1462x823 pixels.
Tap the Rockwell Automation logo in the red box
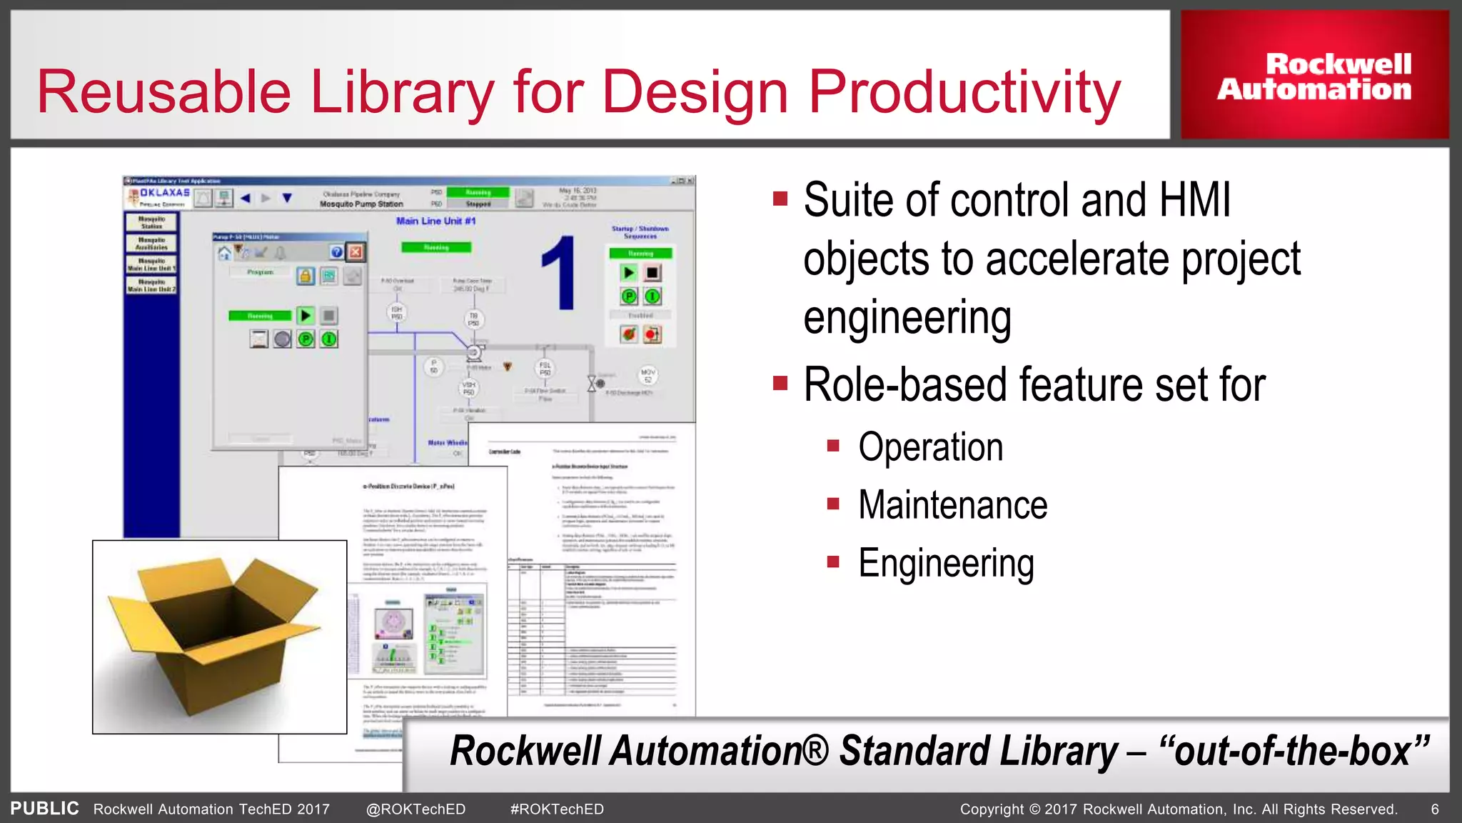[1314, 76]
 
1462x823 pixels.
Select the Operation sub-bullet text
[930, 447]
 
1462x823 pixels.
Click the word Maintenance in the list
[952, 505]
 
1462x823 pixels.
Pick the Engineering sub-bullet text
[946, 563]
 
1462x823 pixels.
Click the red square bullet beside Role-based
[780, 384]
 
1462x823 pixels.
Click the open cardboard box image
[219, 636]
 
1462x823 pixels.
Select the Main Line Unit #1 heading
[435, 221]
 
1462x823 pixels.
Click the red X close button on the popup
[355, 251]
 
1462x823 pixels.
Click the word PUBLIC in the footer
[44, 808]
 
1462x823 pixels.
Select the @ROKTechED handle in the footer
[415, 809]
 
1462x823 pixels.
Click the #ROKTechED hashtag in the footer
[557, 809]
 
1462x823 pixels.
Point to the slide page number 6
[1434, 809]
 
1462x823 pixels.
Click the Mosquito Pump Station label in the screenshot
[361, 204]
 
